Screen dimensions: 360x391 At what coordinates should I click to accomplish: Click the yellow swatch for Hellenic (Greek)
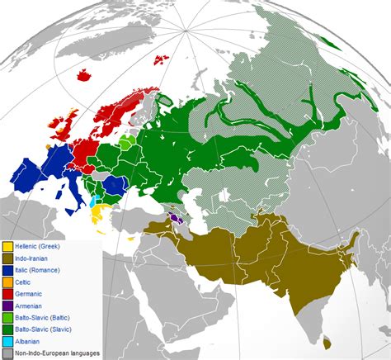coord(7,247)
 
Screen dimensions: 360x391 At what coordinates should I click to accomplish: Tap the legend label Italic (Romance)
coord(40,270)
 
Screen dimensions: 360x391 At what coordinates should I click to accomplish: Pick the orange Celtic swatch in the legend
coord(7,282)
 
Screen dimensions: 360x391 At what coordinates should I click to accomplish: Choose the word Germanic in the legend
coord(31,294)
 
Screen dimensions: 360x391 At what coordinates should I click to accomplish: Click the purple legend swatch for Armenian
coord(7,306)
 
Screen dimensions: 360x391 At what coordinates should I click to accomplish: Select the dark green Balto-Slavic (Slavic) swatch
coord(7,329)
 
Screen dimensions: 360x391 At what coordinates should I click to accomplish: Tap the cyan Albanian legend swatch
coord(7,341)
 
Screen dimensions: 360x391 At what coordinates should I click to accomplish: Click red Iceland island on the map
coord(83,76)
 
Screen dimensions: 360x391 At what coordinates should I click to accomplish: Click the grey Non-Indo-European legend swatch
coord(7,353)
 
